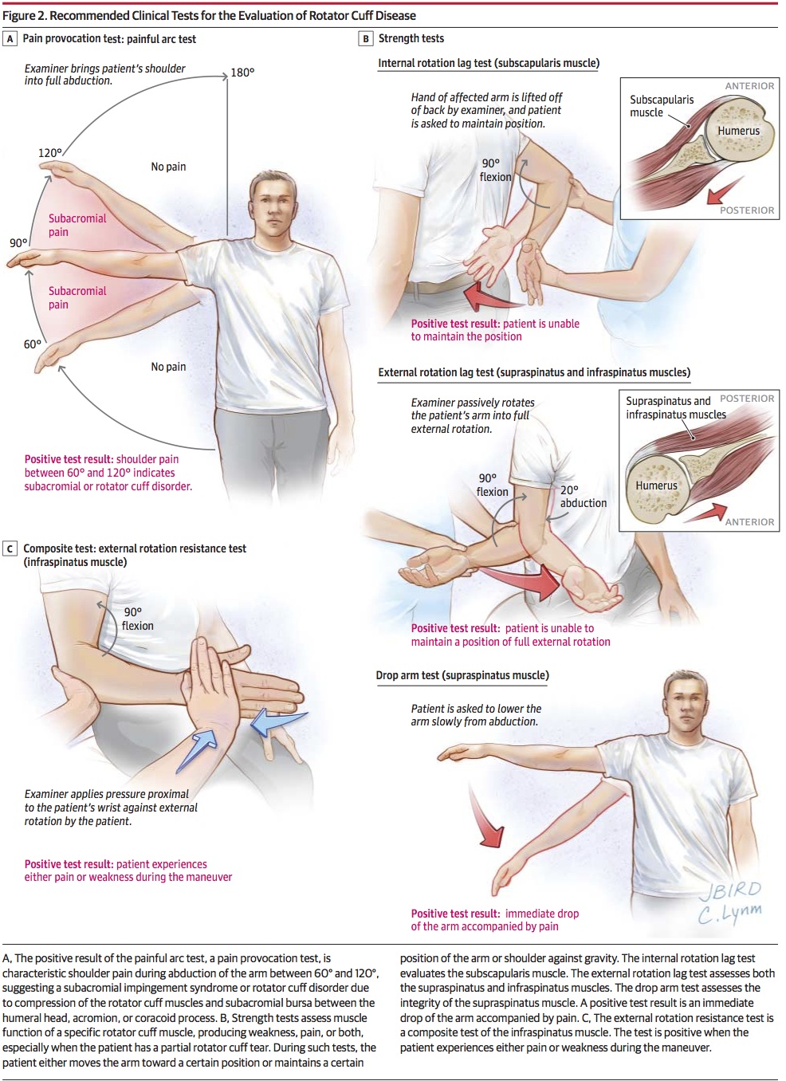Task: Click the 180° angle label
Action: click(x=242, y=73)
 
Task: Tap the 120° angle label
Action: click(x=50, y=153)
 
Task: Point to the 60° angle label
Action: click(x=33, y=344)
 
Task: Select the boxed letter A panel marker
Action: click(x=10, y=38)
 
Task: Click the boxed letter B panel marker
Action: click(x=365, y=38)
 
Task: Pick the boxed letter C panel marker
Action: click(x=10, y=548)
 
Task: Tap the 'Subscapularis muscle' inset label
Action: click(x=662, y=106)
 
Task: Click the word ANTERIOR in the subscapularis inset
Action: click(x=749, y=86)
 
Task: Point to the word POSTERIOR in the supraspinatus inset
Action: click(x=747, y=398)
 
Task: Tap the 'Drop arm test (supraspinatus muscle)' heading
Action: click(x=462, y=675)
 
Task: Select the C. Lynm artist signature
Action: click(x=729, y=912)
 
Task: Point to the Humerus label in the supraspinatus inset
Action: click(x=656, y=485)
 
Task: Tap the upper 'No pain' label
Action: click(x=168, y=167)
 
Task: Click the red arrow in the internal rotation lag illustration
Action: click(x=492, y=297)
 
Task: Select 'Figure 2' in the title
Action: click(x=24, y=15)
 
